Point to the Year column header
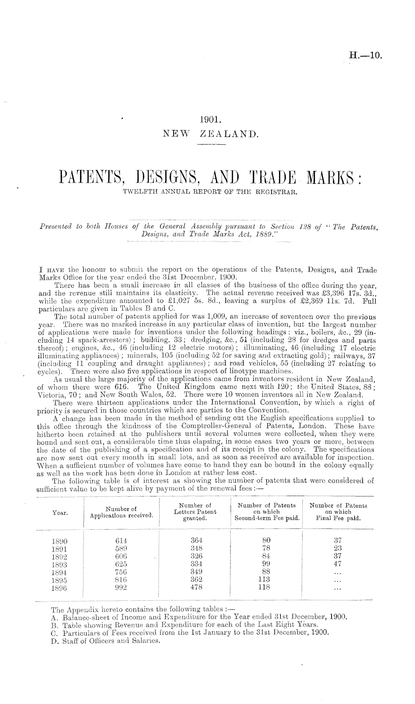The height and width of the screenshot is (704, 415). point(60,513)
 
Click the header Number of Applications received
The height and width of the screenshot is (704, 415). point(121,512)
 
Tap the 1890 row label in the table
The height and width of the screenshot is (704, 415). point(60,541)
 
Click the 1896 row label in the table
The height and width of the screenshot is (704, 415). point(60,588)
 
